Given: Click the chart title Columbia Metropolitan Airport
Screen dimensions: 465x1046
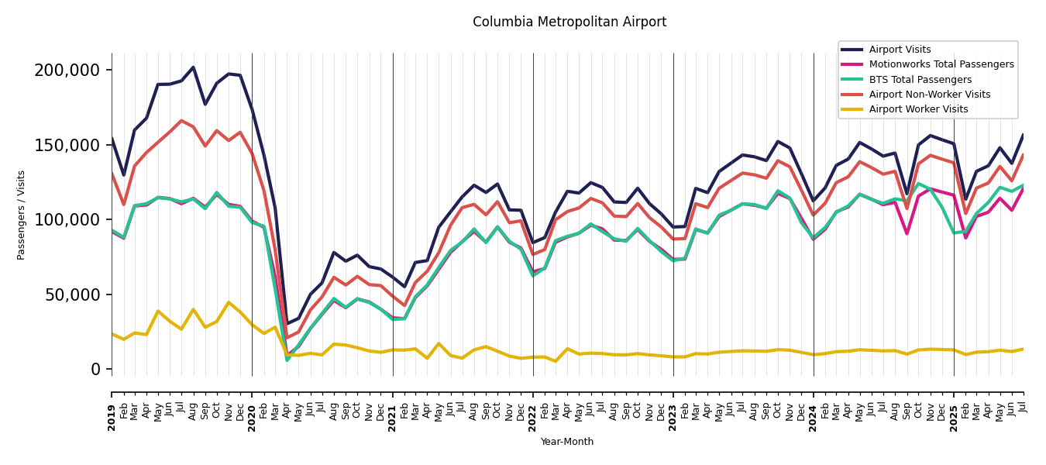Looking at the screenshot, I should pos(569,22).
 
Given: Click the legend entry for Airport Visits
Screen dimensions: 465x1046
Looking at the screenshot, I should pos(900,50).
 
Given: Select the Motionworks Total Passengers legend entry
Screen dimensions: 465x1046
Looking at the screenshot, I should pos(941,64).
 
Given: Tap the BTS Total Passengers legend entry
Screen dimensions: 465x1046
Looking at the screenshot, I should pos(920,80).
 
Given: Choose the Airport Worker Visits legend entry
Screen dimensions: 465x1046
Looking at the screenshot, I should pos(918,109).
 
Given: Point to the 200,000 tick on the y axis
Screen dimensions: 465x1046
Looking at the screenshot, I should pos(67,71).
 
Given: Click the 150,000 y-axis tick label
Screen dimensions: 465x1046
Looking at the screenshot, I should pos(67,145).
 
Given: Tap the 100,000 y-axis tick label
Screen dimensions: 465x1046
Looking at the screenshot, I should pos(67,220).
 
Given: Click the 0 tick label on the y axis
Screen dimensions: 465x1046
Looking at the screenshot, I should pos(95,370).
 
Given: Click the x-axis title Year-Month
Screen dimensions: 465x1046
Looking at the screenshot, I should pos(567,442).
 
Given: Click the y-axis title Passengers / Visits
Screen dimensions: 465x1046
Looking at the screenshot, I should pos(22,215).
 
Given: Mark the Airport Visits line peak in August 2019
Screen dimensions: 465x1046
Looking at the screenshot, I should pos(193,67).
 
